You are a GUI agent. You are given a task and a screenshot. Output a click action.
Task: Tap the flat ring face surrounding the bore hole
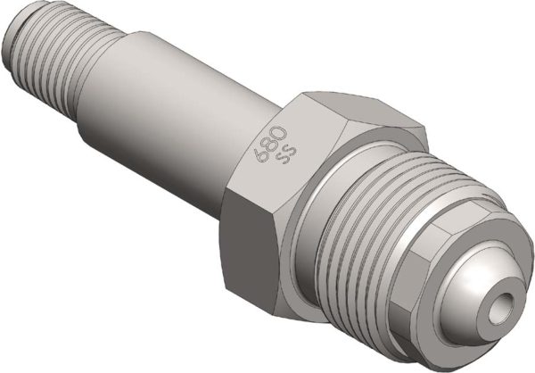coord(493,294)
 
